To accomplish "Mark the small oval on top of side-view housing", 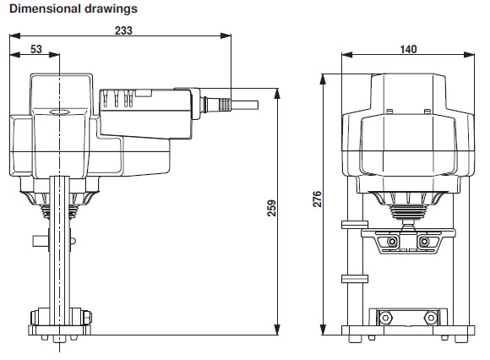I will [62, 112].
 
